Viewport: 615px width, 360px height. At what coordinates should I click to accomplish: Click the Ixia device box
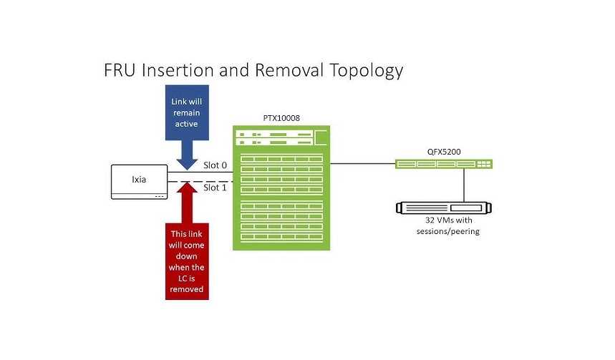coord(139,182)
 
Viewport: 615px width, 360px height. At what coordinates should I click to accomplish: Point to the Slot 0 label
coord(216,165)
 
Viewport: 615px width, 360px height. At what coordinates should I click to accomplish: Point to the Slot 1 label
coord(216,188)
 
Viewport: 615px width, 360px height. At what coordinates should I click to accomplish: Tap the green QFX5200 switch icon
coord(445,164)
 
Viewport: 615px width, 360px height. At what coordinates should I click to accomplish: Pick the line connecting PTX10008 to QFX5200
coord(362,164)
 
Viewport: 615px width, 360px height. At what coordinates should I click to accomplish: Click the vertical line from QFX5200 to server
coord(465,185)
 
